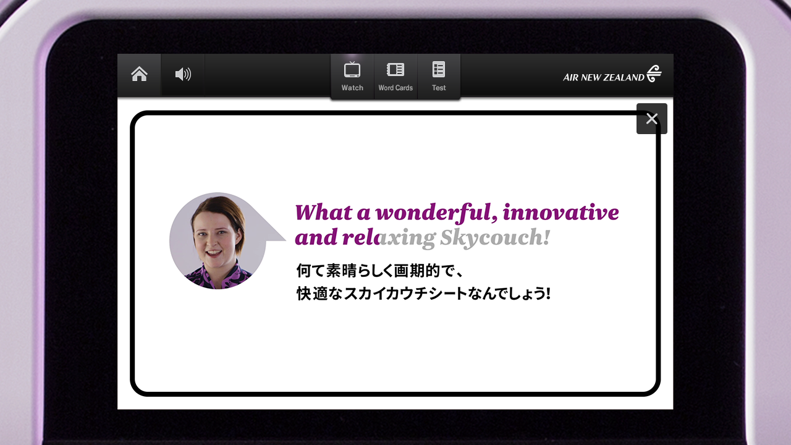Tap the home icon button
(x=139, y=74)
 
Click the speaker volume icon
(x=183, y=74)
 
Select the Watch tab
(x=352, y=76)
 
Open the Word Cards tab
(x=395, y=76)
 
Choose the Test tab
(x=439, y=76)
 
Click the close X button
(x=651, y=119)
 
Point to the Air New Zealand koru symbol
(x=654, y=74)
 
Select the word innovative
(x=560, y=212)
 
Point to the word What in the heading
(x=323, y=212)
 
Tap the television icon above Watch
(x=352, y=69)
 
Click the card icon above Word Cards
(x=395, y=70)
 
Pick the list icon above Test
(x=439, y=69)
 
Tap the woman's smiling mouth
(x=214, y=253)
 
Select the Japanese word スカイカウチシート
(x=405, y=294)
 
